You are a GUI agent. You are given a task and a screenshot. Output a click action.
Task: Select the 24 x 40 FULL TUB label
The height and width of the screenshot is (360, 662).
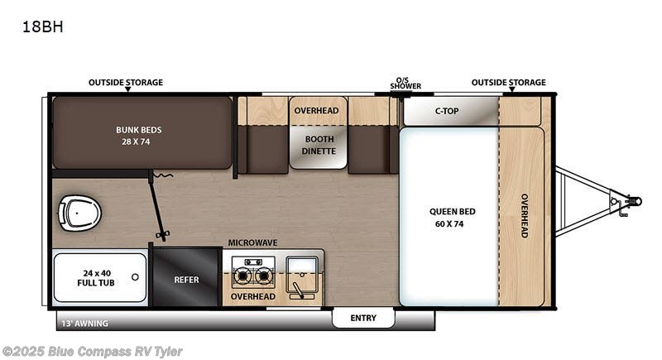[x=98, y=276]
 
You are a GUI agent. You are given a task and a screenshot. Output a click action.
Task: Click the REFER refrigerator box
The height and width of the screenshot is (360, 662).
[x=186, y=280]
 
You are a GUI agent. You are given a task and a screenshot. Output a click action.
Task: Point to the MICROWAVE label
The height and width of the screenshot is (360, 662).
[x=253, y=242]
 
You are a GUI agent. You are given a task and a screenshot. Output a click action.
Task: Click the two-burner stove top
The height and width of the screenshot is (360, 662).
[x=253, y=272]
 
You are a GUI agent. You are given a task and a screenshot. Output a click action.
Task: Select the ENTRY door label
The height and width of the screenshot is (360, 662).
[x=363, y=318]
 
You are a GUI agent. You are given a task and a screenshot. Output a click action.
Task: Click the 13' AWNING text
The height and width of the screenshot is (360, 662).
[x=83, y=323]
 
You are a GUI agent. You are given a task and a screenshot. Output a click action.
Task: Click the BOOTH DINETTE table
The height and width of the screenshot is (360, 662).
[x=319, y=146]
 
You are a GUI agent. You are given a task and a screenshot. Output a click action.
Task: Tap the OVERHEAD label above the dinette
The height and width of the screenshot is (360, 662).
[x=316, y=111]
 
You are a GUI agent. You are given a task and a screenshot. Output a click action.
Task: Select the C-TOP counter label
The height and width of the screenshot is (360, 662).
[x=448, y=111]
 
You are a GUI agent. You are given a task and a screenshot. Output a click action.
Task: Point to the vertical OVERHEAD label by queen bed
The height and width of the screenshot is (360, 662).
[x=525, y=215]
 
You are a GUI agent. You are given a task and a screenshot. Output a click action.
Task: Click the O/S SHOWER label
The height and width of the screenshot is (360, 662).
[x=406, y=83]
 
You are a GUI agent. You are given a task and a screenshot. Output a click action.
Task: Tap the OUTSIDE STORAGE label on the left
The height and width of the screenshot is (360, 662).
[x=126, y=83]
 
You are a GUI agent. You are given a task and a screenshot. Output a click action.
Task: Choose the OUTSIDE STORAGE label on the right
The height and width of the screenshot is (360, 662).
[x=508, y=83]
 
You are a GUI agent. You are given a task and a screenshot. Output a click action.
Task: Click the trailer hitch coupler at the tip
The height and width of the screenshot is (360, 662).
[x=633, y=199]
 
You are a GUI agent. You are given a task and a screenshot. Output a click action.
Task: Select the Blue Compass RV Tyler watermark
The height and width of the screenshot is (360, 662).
[x=92, y=352]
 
